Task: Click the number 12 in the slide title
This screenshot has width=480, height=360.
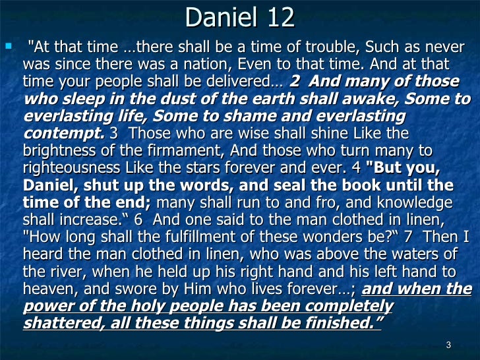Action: pos(278,18)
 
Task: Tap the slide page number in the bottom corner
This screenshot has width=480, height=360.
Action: pos(448,345)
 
